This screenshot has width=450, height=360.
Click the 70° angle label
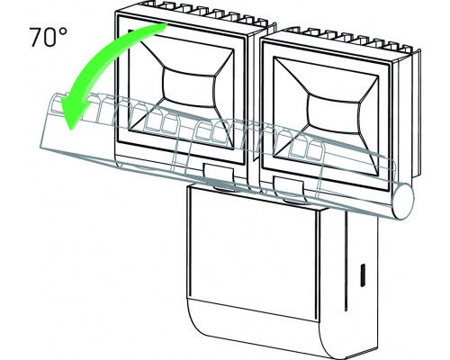point(48,36)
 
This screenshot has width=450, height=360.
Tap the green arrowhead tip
point(70,130)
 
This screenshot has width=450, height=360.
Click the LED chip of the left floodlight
point(189,87)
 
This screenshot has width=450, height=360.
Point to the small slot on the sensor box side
point(363,275)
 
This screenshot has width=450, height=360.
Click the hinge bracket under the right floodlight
point(290,189)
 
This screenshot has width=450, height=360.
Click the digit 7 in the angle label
point(37,37)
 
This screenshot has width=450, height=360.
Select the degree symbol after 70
point(63,31)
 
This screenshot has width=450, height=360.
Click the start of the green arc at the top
point(165,27)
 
